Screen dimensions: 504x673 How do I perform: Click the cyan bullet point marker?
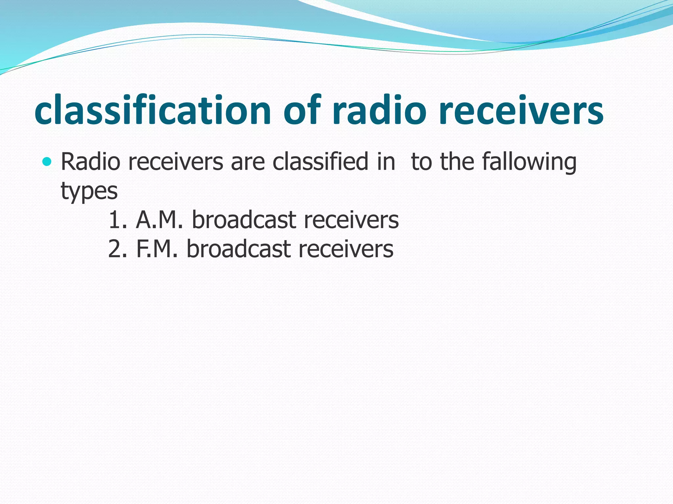pos(47,161)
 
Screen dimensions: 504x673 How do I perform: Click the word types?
pos(89,191)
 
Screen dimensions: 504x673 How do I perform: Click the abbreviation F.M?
pos(156,249)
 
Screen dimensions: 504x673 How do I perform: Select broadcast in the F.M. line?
pos(239,249)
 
